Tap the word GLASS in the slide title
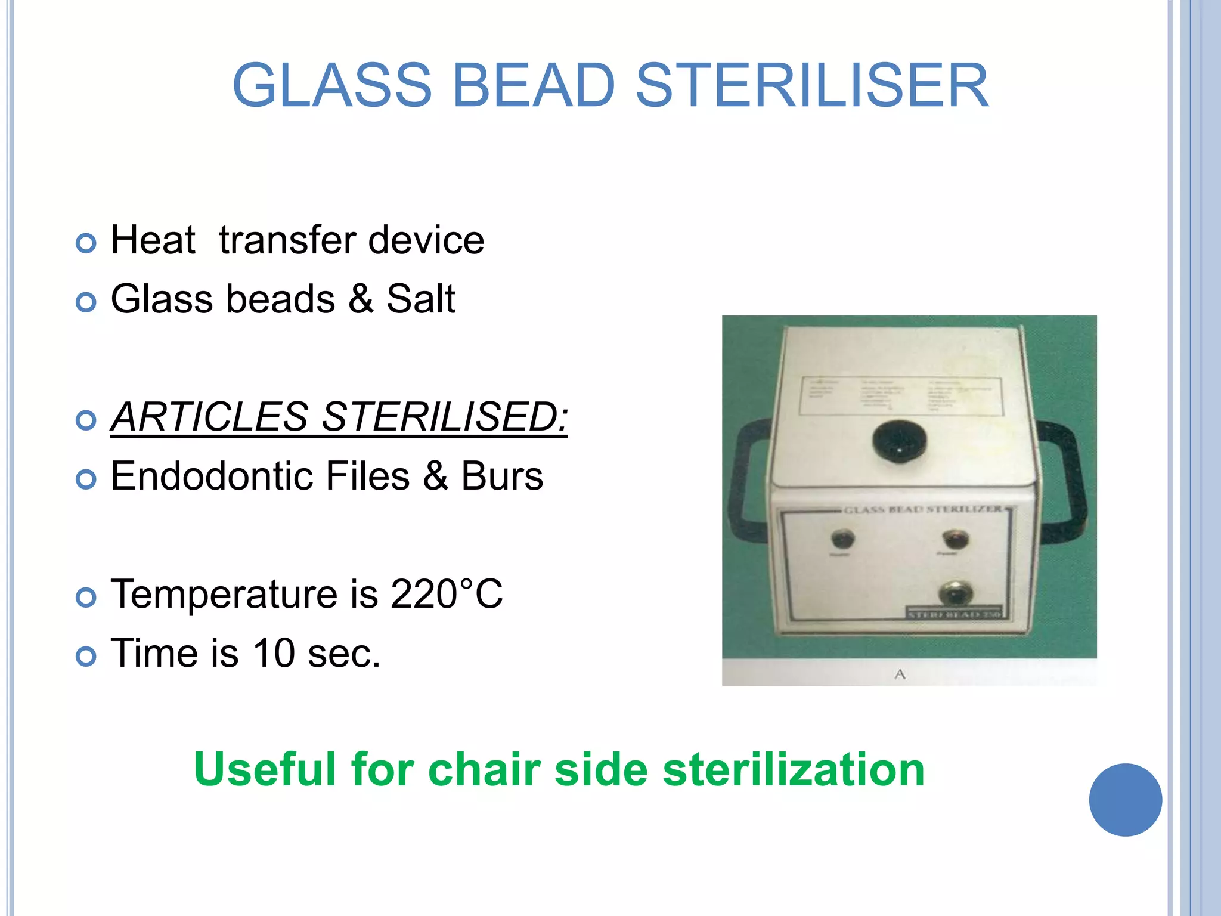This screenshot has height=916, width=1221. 331,86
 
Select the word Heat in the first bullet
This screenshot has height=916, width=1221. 153,240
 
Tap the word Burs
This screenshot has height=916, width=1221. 502,476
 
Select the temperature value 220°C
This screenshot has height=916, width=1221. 447,594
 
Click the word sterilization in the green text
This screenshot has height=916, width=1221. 794,769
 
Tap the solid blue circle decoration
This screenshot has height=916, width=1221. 1125,800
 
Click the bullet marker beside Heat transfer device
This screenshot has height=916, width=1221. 86,243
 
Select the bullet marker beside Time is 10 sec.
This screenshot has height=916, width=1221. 86,656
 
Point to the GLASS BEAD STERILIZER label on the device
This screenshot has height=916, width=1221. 923,509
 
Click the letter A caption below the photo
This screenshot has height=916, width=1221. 900,674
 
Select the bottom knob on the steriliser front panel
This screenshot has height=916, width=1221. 955,593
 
